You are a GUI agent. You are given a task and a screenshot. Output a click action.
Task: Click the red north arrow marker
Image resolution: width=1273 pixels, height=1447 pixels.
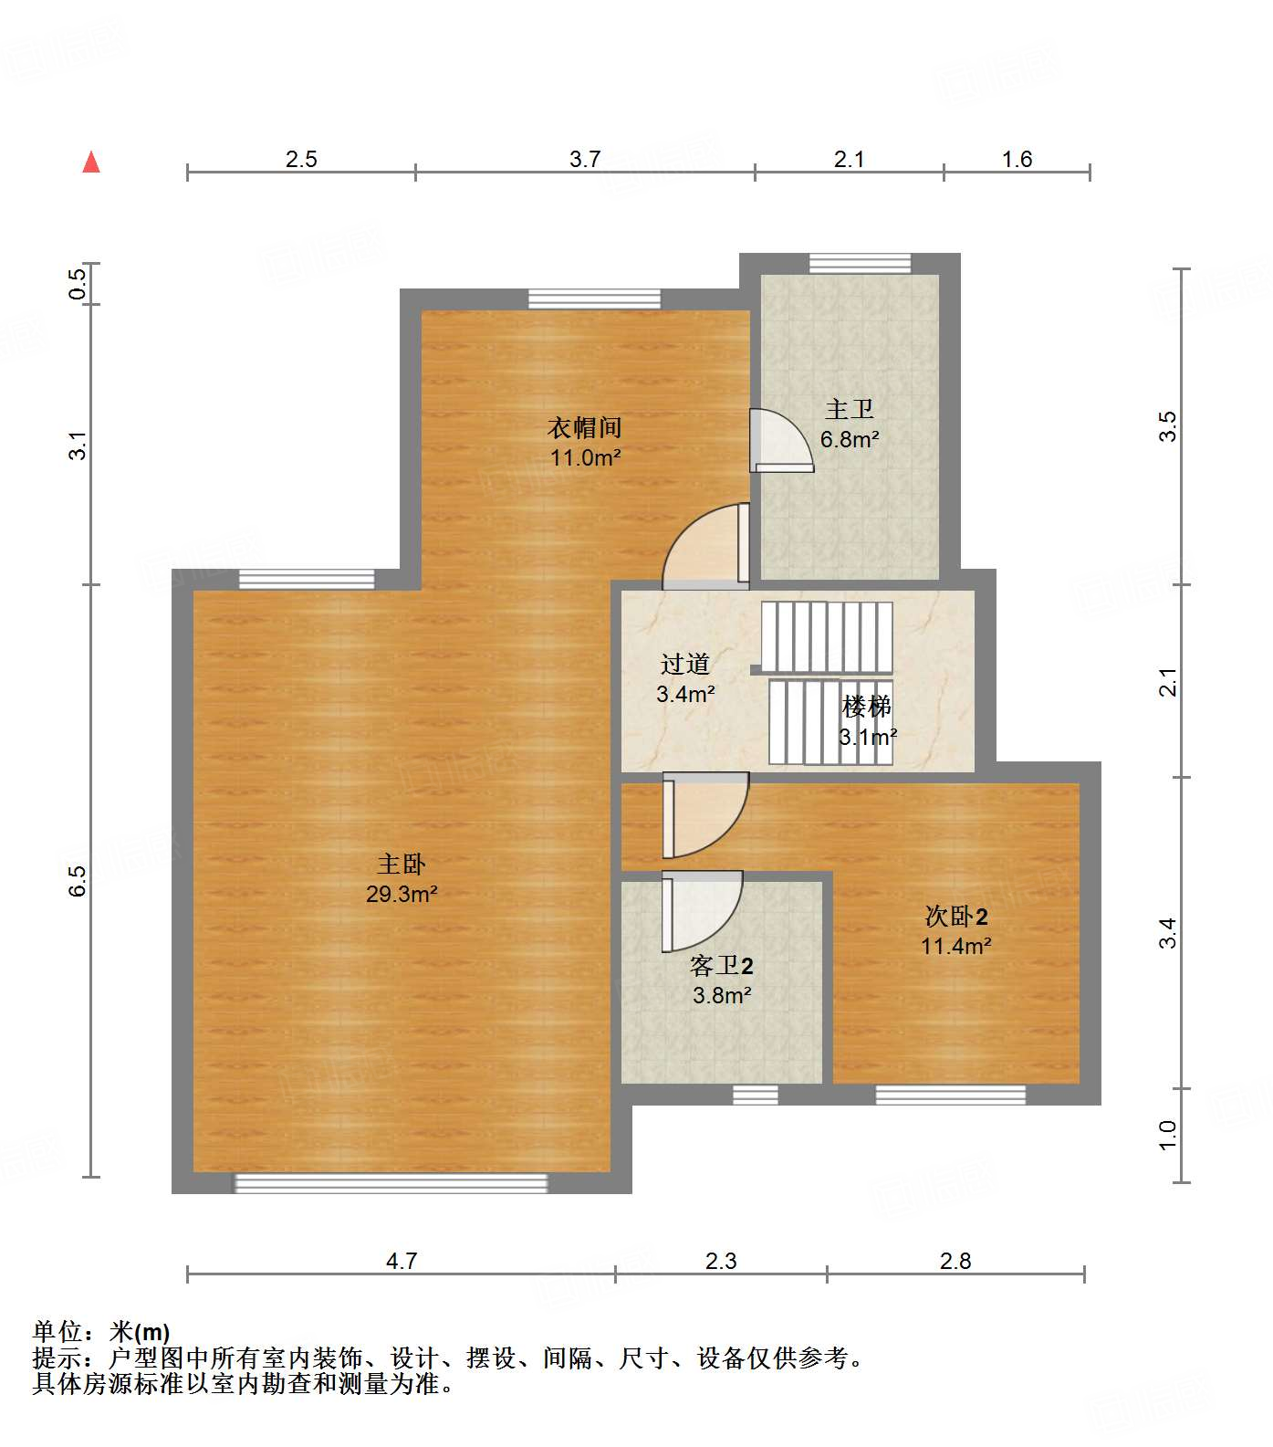[x=91, y=163]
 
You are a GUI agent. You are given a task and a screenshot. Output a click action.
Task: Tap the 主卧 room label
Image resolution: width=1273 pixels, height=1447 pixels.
[x=402, y=864]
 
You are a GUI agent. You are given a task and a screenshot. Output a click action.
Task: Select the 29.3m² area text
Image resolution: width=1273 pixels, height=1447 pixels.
[x=402, y=894]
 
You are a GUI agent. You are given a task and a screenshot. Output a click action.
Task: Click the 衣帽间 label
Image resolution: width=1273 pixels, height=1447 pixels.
[x=585, y=427]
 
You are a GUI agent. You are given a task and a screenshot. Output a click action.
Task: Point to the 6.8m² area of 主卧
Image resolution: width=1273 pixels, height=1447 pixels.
[x=849, y=439]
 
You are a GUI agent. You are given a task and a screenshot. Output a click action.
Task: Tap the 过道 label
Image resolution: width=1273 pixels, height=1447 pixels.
[x=685, y=664]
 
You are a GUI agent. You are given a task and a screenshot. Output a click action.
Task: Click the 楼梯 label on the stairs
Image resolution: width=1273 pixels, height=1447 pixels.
[x=867, y=706]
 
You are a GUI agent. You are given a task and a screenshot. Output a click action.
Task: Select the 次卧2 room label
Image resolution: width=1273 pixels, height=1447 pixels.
[x=955, y=916]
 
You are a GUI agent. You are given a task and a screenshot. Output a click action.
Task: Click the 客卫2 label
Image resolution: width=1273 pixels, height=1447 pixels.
[x=721, y=965]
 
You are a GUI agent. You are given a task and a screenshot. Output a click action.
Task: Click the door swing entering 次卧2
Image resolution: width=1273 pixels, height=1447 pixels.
[x=706, y=814]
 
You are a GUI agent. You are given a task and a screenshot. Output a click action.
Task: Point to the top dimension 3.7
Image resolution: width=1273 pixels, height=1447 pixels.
[x=585, y=159]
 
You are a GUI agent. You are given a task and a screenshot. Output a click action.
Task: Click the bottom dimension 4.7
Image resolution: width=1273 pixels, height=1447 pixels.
[x=402, y=1261]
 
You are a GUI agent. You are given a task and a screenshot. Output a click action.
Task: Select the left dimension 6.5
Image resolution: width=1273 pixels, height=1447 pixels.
[x=78, y=881]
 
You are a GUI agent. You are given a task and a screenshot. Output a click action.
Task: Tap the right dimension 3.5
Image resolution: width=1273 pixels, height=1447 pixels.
[x=1168, y=426]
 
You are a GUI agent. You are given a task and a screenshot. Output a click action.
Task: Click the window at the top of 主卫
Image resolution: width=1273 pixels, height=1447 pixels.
[x=860, y=263]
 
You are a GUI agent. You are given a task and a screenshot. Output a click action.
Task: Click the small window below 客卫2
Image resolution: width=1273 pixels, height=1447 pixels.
[x=756, y=1094]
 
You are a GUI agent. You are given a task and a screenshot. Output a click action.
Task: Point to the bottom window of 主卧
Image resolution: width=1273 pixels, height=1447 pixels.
[x=391, y=1183]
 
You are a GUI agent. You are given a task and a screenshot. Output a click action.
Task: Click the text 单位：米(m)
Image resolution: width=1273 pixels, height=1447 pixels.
[x=101, y=1332]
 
